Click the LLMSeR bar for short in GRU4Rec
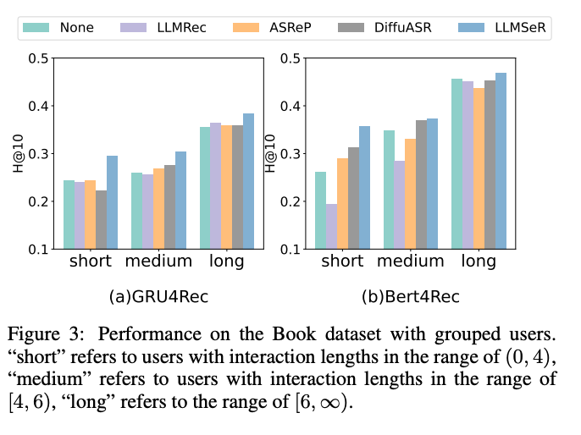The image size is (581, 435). tap(112, 202)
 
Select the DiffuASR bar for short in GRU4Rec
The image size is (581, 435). tap(101, 219)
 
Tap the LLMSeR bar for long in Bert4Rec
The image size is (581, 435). tap(501, 161)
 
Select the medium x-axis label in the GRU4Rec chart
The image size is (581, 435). tap(158, 262)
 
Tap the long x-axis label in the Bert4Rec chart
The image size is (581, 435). tap(479, 262)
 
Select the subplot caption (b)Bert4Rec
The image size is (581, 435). tap(411, 297)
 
